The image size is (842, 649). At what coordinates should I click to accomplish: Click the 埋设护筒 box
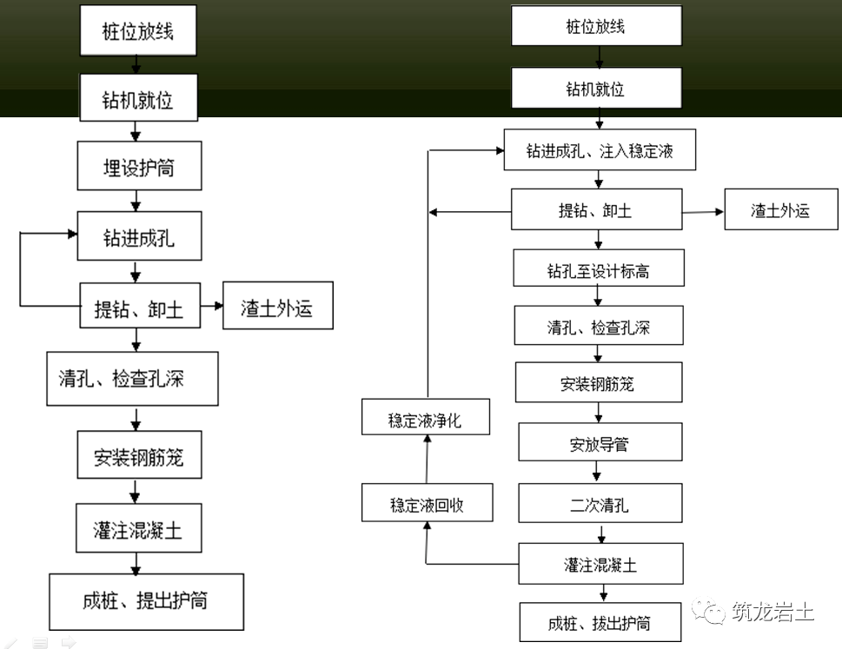pos(140,166)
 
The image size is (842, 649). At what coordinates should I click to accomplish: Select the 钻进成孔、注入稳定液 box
pos(600,149)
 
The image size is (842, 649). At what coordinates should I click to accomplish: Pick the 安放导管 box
pos(600,442)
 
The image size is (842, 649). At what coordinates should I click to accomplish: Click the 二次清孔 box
pos(600,503)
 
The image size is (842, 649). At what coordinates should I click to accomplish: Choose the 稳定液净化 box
pos(426,416)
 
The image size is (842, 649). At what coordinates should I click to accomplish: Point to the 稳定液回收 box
pos(428,502)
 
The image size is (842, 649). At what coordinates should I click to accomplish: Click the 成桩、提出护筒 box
pos(147,602)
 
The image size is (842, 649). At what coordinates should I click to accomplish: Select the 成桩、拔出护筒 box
pos(600,622)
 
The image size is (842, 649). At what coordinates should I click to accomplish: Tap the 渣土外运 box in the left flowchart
pos(278,306)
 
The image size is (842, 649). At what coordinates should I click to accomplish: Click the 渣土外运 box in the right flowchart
pos(781,209)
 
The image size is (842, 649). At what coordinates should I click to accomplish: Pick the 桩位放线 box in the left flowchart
pos(138,30)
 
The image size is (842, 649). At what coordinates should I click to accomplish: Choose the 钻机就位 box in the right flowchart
pos(597,88)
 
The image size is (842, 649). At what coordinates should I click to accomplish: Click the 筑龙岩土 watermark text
pos(773,612)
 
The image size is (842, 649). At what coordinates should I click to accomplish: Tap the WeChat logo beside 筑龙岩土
pos(708,611)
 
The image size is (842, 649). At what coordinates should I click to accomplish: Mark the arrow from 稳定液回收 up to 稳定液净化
pos(428,459)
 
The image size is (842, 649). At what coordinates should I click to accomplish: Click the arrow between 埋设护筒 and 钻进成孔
pos(136,201)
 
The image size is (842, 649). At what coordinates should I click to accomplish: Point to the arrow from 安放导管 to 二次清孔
pos(597,472)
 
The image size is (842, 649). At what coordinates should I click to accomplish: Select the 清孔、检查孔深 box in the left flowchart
pos(133,379)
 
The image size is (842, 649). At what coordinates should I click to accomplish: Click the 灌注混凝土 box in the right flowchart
pos(601,564)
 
